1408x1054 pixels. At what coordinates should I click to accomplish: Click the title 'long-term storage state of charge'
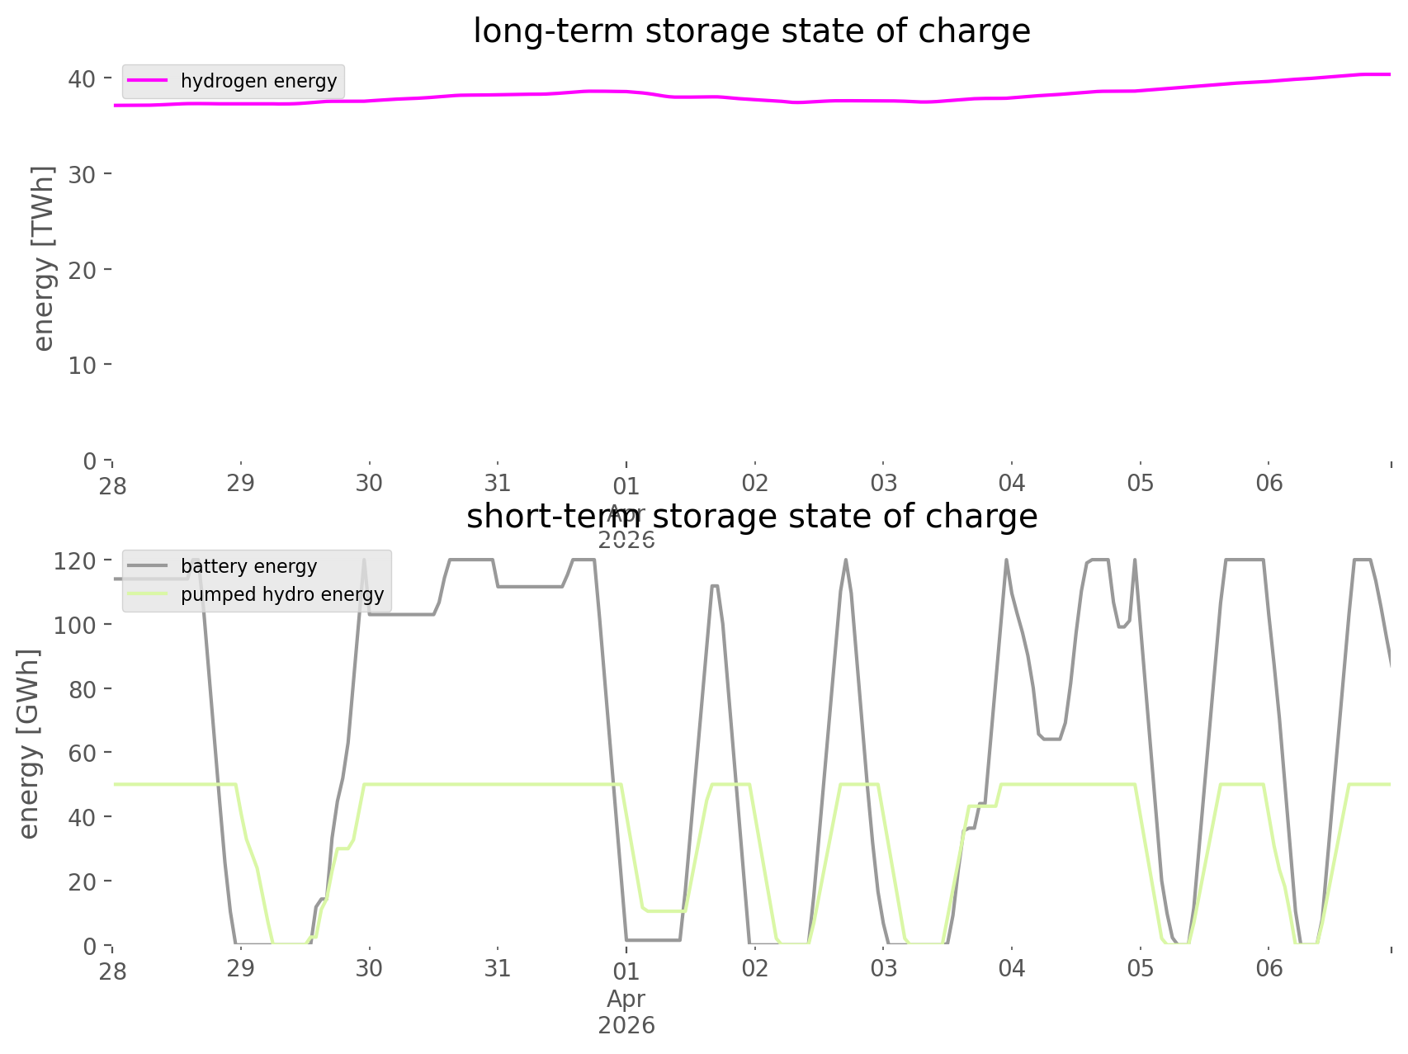click(x=751, y=31)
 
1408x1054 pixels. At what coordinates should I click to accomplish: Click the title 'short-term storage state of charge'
click(x=751, y=517)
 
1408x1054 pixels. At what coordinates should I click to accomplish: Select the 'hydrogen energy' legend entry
click(x=258, y=81)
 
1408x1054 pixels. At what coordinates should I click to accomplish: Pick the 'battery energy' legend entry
click(x=248, y=566)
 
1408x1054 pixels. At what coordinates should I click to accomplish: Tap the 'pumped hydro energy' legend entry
click(x=281, y=594)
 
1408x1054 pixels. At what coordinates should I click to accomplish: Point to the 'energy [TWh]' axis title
click(x=43, y=258)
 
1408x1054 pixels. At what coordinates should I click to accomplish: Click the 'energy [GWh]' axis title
click(x=29, y=744)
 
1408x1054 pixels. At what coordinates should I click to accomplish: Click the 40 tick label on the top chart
click(x=82, y=79)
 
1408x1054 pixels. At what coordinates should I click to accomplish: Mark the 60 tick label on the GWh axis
click(x=82, y=754)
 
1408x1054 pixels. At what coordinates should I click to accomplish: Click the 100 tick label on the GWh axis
click(x=75, y=626)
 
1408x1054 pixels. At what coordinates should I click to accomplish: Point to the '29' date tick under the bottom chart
click(x=240, y=967)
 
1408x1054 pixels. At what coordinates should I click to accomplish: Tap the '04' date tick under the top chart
click(x=1011, y=483)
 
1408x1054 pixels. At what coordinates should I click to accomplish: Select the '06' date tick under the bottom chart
click(x=1269, y=967)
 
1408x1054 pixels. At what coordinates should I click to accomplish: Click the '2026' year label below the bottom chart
click(x=626, y=1026)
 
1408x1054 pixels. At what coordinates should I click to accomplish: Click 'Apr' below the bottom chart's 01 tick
click(x=626, y=1000)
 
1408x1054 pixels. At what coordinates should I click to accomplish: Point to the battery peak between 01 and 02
click(x=715, y=585)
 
